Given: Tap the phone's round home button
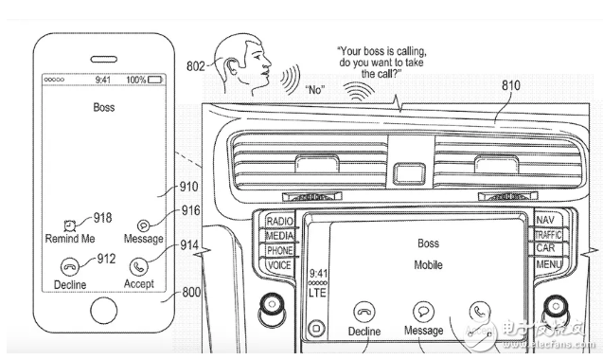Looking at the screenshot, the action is click(104, 311).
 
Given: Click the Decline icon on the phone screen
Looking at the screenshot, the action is click(70, 266).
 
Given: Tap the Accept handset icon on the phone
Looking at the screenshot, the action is click(139, 266).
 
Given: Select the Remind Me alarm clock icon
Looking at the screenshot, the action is click(70, 225).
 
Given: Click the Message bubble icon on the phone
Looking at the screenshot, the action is click(144, 225).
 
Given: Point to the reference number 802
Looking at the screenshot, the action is click(195, 66).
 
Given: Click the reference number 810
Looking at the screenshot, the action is click(511, 85).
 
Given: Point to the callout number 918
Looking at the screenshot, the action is click(102, 218).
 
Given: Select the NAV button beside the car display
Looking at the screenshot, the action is click(545, 220).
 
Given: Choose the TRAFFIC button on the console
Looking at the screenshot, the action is click(548, 235).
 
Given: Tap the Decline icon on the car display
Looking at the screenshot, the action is click(364, 312).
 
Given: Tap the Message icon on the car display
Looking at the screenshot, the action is click(423, 311).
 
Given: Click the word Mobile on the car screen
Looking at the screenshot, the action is click(428, 265).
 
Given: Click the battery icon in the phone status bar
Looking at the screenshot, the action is click(155, 80).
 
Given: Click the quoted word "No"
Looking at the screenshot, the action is click(315, 90).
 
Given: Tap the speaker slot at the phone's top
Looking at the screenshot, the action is click(104, 60).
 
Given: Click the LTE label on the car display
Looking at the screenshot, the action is click(317, 293).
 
